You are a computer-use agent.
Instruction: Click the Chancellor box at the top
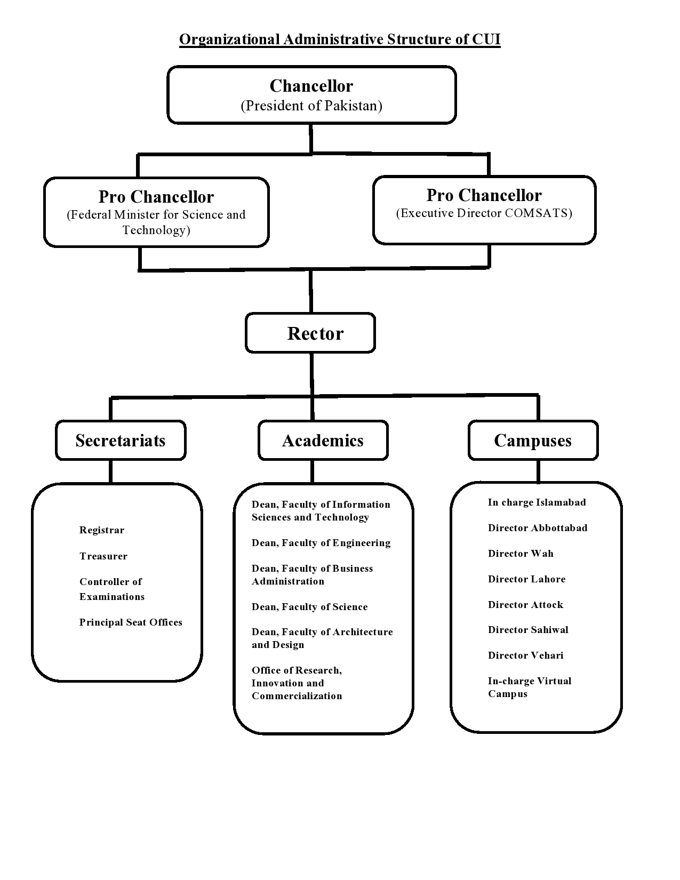[311, 95]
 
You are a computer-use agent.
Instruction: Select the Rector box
[310, 333]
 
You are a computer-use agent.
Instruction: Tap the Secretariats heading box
[121, 441]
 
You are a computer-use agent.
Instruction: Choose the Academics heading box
[323, 441]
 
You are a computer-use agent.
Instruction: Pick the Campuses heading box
[533, 441]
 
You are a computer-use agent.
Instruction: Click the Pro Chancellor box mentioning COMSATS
[484, 210]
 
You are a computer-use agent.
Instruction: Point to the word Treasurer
[103, 556]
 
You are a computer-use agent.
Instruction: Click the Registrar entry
[102, 530]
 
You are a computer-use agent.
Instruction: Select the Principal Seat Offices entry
[131, 622]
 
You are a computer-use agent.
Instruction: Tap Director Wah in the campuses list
[521, 554]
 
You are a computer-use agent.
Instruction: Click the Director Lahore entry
[526, 579]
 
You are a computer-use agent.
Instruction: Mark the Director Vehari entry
[525, 655]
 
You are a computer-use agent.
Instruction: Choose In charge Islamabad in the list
[537, 502]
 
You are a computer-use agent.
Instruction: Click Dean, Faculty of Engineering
[321, 543]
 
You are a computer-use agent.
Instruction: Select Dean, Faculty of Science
[309, 607]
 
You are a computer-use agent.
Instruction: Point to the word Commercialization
[297, 696]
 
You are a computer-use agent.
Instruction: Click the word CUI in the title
[486, 39]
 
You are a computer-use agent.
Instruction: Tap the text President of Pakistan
[311, 106]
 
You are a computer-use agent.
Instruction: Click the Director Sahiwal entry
[528, 630]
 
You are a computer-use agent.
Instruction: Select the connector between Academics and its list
[312, 471]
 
